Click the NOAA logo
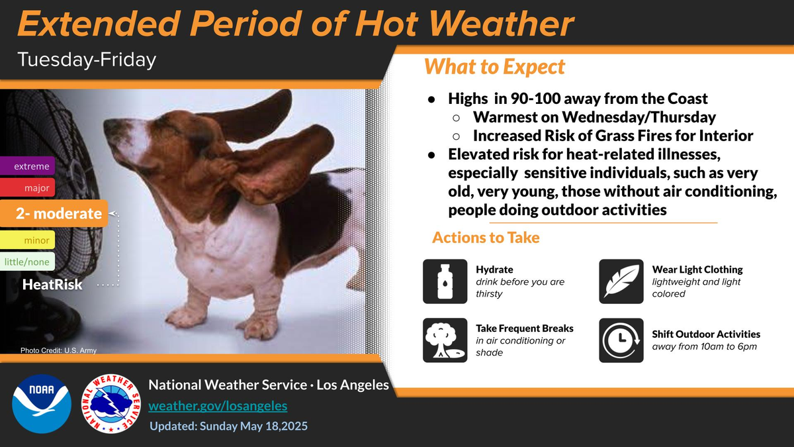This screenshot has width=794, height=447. [42, 404]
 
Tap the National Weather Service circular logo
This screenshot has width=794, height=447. [111, 404]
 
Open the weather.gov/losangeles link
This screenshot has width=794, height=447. [218, 405]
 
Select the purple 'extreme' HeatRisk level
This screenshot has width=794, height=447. [27, 166]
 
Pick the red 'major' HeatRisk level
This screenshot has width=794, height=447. [27, 187]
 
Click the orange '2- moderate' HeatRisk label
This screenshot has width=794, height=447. [54, 213]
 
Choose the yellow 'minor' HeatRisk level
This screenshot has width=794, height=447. [27, 240]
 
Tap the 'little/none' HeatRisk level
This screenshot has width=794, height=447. [27, 262]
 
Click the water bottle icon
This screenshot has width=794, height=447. [445, 281]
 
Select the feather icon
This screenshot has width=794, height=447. [621, 281]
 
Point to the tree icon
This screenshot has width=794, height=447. [445, 340]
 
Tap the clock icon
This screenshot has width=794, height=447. [621, 340]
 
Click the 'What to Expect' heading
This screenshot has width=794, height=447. [494, 66]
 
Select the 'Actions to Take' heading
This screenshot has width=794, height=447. [486, 237]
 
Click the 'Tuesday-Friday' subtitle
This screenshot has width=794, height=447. [87, 60]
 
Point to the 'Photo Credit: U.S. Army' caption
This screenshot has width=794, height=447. [58, 350]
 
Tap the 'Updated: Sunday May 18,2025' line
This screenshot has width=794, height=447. [229, 426]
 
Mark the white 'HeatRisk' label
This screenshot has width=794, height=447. [52, 284]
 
